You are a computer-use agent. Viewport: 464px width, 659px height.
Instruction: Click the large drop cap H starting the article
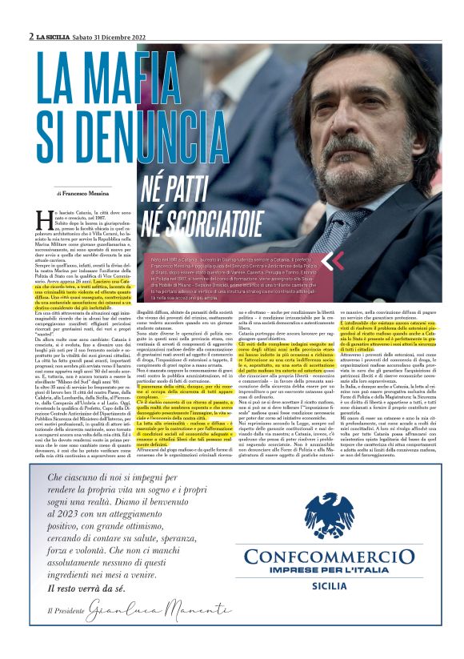point(46,219)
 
